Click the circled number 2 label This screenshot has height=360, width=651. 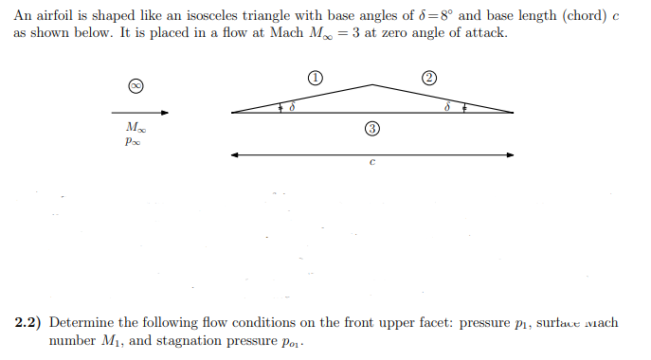429,77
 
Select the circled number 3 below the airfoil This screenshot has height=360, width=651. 371,128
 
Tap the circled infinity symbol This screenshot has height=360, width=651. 136,85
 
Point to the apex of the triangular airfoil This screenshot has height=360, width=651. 372,84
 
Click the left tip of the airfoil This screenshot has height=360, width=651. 231,113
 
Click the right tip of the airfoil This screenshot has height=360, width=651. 514,113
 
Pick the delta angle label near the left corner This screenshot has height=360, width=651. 292,108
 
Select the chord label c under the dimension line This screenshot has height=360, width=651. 372,164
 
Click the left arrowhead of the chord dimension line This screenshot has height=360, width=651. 234,153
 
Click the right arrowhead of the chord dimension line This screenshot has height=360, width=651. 511,153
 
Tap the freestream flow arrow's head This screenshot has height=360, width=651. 165,112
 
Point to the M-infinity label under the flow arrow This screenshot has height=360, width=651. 135,127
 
